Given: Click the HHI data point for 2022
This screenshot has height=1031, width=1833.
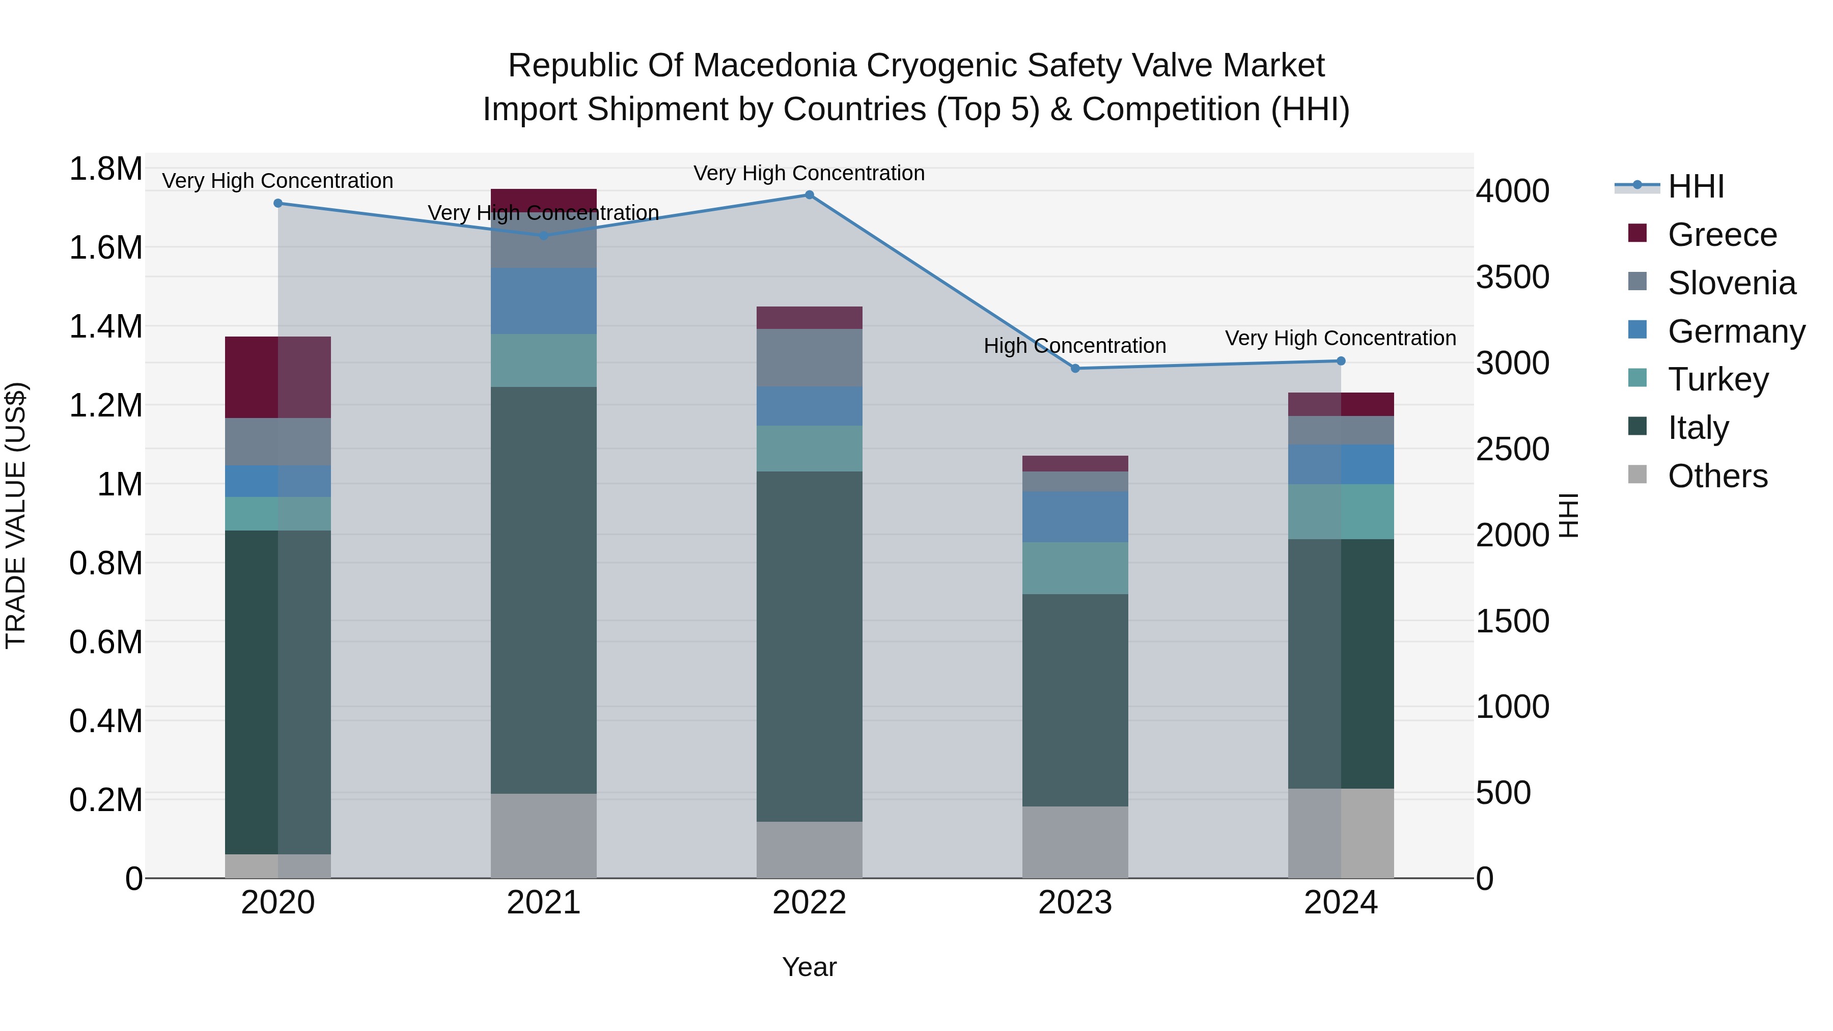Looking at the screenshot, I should (x=809, y=195).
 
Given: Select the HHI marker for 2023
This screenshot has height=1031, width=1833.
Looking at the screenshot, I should (x=1075, y=369).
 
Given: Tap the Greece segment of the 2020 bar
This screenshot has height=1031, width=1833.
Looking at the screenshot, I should (x=277, y=377).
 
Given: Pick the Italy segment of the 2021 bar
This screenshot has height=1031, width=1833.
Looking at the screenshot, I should (x=544, y=591).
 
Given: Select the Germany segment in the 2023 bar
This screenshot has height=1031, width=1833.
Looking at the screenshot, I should (x=1075, y=517).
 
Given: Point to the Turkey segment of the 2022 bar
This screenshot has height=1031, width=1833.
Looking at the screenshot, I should (x=809, y=448).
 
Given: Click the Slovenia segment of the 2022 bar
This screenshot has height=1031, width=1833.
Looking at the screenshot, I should (x=809, y=358).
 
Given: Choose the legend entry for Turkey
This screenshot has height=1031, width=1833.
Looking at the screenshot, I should (x=1718, y=379).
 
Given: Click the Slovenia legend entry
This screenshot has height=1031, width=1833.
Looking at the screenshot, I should (x=1731, y=283).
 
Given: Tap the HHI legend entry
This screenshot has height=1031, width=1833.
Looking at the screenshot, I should (x=1695, y=186).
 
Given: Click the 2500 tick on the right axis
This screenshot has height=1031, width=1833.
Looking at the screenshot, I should (x=1512, y=449).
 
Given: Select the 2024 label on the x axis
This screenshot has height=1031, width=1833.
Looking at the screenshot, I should (x=1341, y=903).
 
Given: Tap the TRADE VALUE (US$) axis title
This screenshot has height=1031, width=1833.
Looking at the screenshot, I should (x=16, y=515).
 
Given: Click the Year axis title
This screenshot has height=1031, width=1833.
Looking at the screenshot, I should (x=809, y=967).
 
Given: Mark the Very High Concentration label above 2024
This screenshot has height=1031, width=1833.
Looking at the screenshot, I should (x=1341, y=338).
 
